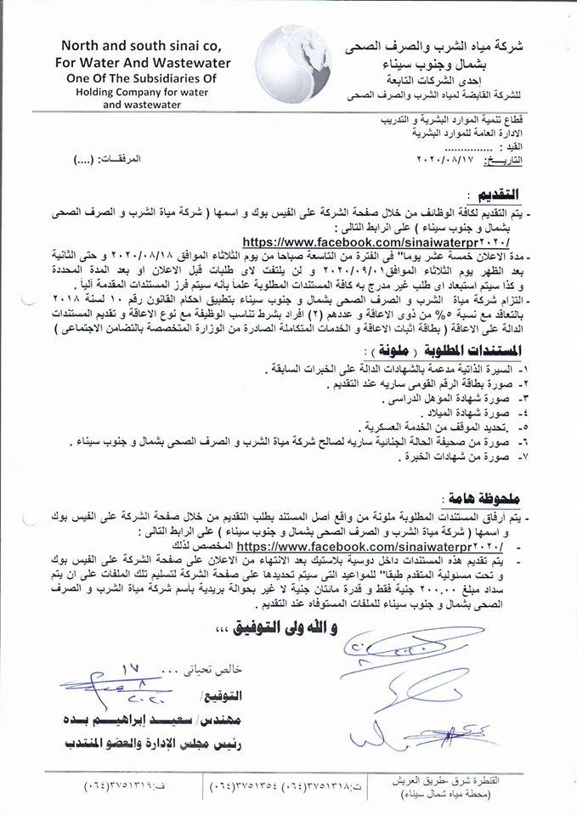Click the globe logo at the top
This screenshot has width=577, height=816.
point(288,65)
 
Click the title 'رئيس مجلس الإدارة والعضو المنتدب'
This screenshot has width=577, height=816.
point(148,744)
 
